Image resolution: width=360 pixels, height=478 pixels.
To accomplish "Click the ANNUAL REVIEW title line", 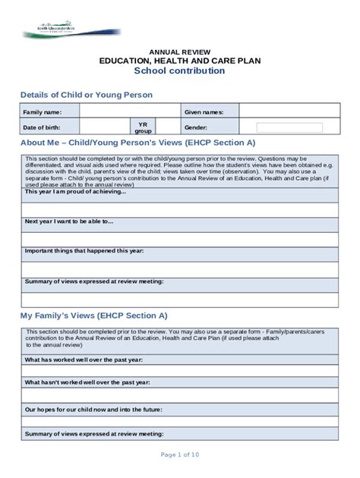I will click(179, 51).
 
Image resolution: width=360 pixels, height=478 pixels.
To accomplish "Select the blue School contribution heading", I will click(179, 71).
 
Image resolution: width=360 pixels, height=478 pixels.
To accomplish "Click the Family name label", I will click(43, 112).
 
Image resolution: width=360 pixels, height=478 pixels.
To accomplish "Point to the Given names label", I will click(204, 112).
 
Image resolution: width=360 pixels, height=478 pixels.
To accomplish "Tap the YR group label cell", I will click(143, 127).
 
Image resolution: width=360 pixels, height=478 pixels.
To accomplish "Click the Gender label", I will click(196, 127).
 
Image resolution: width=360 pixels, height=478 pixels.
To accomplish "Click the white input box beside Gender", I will click(289, 127).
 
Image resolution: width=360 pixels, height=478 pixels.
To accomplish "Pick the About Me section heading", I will click(137, 143).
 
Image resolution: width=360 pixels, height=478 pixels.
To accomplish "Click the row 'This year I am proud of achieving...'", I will click(75, 192).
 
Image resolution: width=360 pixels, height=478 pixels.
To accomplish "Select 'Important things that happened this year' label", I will click(84, 251).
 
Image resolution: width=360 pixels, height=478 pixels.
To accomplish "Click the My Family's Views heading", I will click(93, 315).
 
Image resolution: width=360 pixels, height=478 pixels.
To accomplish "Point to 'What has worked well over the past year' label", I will click(85, 360).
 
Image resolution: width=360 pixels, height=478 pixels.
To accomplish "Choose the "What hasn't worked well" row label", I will click(87, 383).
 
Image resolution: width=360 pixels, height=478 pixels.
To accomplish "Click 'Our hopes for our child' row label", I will click(93, 409).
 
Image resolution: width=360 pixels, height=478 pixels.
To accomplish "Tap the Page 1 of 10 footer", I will click(179, 454).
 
